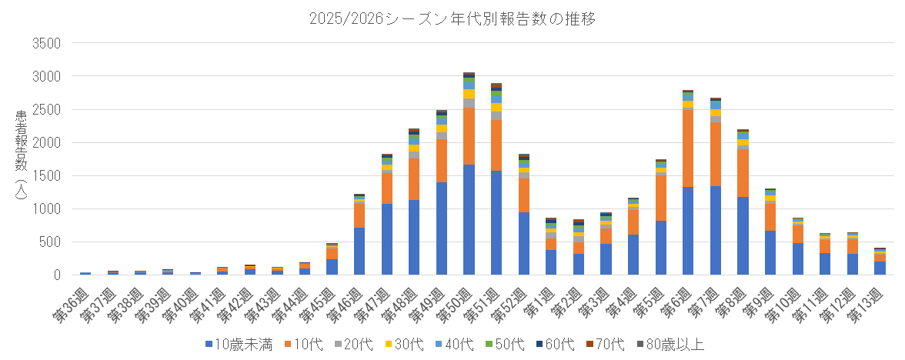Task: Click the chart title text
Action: tap(452, 17)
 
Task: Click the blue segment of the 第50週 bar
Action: tap(469, 219)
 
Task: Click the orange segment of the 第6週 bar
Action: tap(688, 148)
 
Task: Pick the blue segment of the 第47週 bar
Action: tap(386, 239)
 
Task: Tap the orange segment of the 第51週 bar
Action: tap(496, 145)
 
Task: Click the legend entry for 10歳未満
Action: tap(239, 344)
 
